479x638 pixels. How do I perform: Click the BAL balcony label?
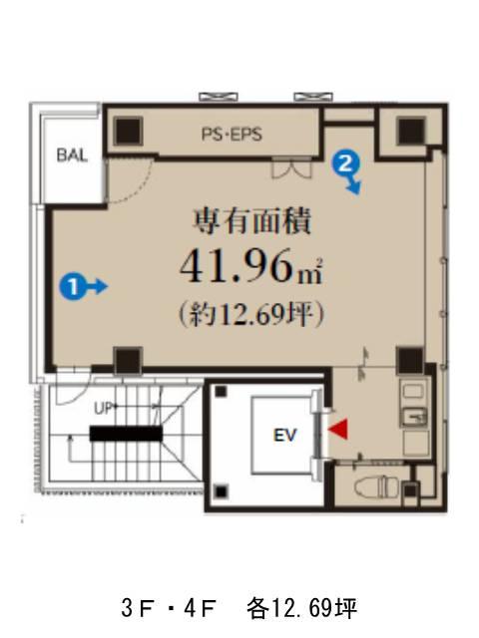pyautogui.click(x=72, y=156)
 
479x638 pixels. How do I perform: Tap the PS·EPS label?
pyautogui.click(x=232, y=135)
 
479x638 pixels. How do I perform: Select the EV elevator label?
pyautogui.click(x=284, y=436)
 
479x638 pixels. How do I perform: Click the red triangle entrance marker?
pyautogui.click(x=338, y=429)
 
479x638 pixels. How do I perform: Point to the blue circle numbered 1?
pyautogui.click(x=73, y=287)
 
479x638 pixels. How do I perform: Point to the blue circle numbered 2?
pyautogui.click(x=345, y=163)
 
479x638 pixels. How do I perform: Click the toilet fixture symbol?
pyautogui.click(x=371, y=486)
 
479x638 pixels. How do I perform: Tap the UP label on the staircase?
pyautogui.click(x=105, y=408)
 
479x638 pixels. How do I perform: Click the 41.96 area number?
pyautogui.click(x=237, y=267)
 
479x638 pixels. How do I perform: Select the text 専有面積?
pyautogui.click(x=251, y=221)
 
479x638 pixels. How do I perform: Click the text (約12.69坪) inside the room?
pyautogui.click(x=251, y=314)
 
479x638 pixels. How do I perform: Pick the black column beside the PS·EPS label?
pyautogui.click(x=128, y=131)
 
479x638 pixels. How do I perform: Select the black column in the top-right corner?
pyautogui.click(x=411, y=131)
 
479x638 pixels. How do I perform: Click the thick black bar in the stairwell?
pyautogui.click(x=126, y=434)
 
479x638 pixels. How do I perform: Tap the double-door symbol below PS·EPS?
pyautogui.click(x=292, y=169)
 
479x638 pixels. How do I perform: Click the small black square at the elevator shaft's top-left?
pyautogui.click(x=222, y=392)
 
